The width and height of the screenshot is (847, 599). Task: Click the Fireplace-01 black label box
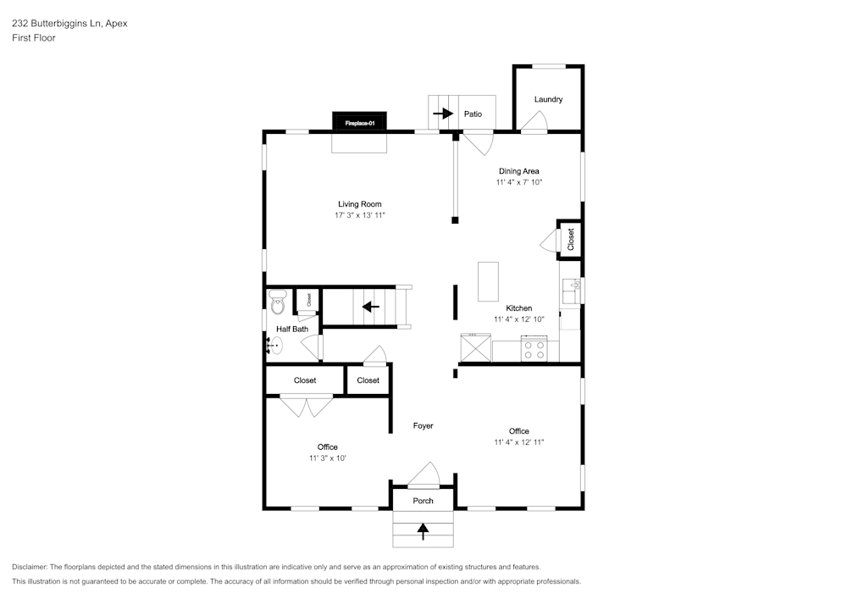pos(360,123)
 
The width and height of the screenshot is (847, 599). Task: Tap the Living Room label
pos(360,204)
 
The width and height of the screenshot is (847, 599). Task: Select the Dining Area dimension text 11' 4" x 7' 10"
pos(518,182)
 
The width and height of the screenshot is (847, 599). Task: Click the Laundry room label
pos(548,99)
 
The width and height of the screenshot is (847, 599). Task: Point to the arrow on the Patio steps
pos(442,113)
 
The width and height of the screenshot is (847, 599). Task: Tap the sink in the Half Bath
pos(274,345)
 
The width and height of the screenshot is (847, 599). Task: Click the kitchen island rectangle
pos(489,281)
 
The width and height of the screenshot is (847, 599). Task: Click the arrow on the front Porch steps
pos(423,530)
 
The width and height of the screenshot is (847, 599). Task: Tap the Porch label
pos(423,501)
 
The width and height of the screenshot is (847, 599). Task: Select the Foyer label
pos(423,425)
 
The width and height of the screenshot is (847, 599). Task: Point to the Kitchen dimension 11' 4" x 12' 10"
pos(518,319)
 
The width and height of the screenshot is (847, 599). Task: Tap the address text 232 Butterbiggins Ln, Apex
pos(69,24)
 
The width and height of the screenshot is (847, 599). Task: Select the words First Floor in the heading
pos(34,38)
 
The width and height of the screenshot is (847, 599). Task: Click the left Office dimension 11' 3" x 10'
pos(328,458)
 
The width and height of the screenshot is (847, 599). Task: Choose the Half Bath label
pos(292,329)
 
